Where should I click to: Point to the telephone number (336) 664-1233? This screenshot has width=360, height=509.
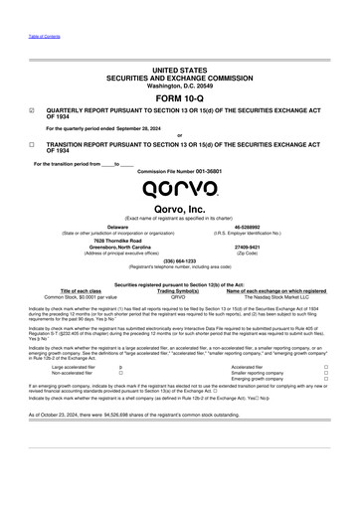coord(179,262)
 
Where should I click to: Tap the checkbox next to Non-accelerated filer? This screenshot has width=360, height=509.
coord(119,374)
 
